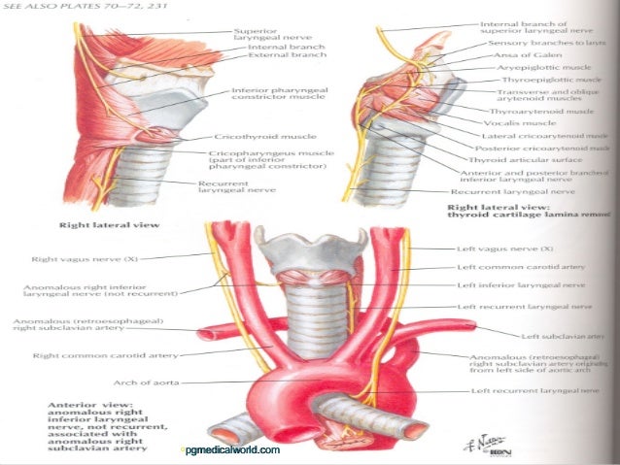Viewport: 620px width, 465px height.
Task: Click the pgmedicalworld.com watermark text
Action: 230,450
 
